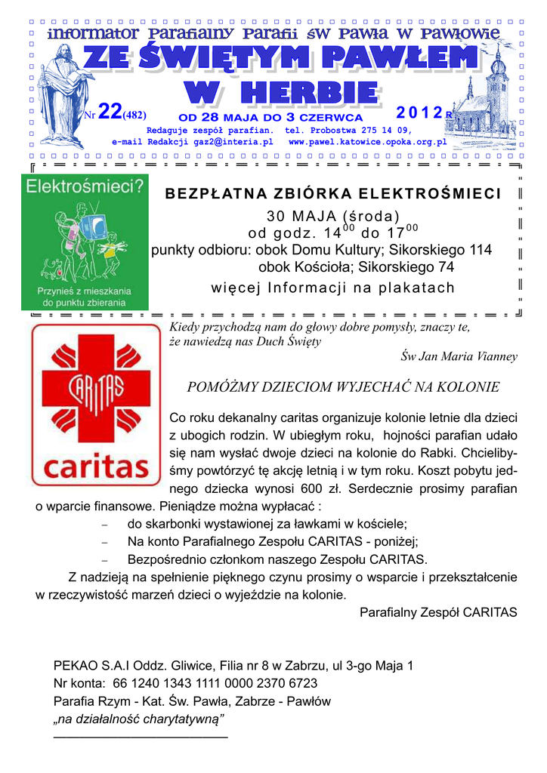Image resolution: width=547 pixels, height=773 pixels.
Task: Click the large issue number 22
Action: (110, 112)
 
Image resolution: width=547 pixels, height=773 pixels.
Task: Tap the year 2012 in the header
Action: (420, 112)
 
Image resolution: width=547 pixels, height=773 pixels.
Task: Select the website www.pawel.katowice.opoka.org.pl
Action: (367, 141)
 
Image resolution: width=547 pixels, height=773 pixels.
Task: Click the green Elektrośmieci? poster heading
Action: (85, 186)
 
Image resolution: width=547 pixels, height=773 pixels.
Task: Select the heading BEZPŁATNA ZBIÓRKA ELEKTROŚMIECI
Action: (333, 194)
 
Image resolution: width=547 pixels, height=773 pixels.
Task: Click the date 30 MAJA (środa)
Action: (333, 214)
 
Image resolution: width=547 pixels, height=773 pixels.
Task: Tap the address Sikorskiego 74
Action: (406, 266)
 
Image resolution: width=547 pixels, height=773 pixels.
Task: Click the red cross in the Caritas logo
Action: (96, 389)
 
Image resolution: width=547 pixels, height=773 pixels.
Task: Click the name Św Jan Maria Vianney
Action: (459, 356)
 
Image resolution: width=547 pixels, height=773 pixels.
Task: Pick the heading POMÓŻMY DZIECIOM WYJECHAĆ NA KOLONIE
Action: (343, 387)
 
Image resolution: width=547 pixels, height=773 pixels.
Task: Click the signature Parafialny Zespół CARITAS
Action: (438, 612)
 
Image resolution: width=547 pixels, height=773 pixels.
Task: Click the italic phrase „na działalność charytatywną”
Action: (140, 718)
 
